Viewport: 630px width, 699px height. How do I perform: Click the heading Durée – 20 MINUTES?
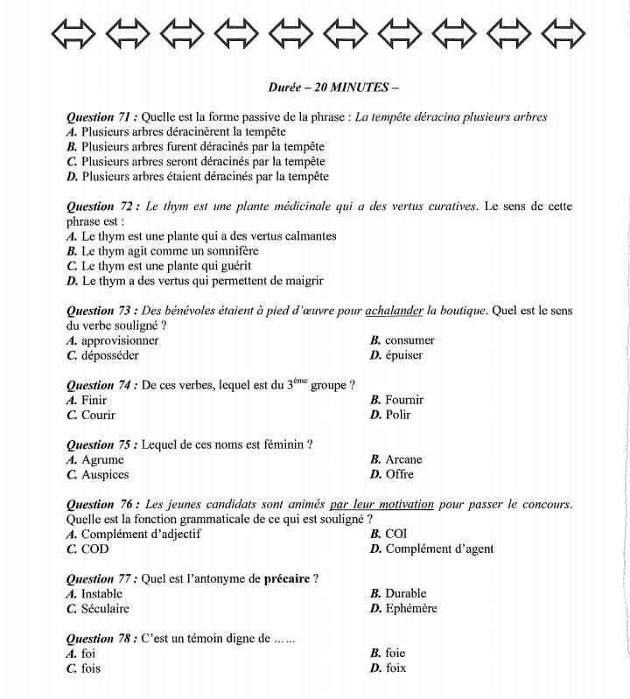tap(333, 87)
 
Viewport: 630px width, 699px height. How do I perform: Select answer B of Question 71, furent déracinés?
tap(202, 146)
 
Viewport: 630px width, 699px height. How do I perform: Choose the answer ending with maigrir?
tap(202, 281)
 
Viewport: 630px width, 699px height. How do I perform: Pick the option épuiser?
tap(403, 355)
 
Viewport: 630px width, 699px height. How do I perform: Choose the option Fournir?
tap(404, 400)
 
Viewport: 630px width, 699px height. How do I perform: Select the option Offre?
tap(399, 474)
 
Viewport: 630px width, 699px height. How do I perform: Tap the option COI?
tap(395, 534)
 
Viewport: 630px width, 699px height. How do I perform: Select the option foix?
tap(395, 668)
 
